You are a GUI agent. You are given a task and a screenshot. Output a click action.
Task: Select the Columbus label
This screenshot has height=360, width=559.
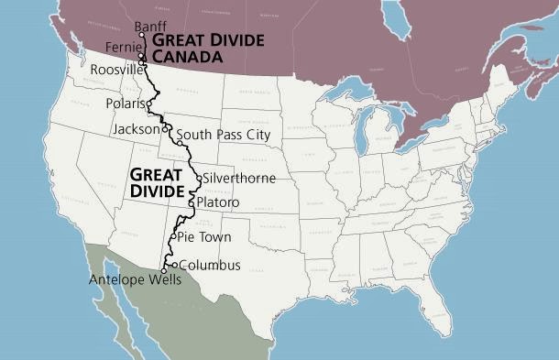(x=209, y=266)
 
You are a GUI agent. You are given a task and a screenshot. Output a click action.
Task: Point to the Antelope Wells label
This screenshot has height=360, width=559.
(x=135, y=280)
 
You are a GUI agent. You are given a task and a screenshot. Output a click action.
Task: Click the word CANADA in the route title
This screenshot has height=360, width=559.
(x=187, y=57)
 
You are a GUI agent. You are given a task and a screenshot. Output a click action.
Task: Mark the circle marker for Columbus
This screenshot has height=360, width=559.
(x=174, y=266)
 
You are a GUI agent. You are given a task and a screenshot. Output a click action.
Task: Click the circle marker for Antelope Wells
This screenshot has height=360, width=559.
(x=164, y=271)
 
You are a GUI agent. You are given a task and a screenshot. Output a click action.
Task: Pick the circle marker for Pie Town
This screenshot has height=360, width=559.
(x=172, y=236)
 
